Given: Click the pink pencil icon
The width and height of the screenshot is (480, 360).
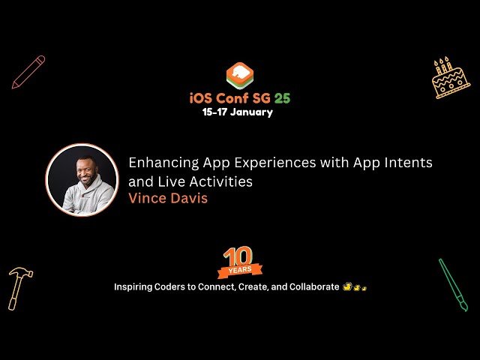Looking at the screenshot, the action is click(x=28, y=72).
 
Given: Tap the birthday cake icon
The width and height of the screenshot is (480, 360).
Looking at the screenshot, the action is click(x=450, y=78).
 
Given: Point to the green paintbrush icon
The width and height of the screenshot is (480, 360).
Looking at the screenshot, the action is click(x=453, y=285).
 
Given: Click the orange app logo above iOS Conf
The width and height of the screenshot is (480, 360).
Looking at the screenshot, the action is click(x=240, y=76).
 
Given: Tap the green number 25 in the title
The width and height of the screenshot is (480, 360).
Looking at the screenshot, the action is click(x=282, y=98).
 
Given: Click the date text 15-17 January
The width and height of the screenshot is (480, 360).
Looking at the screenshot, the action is click(x=238, y=112).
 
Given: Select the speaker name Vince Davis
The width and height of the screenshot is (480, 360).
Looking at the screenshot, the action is click(x=168, y=198).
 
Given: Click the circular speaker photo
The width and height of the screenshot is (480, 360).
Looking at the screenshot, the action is click(x=82, y=180).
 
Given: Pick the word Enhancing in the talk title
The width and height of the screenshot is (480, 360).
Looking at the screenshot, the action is click(x=163, y=163).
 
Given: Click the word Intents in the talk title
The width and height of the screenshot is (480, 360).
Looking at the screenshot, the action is click(x=408, y=163).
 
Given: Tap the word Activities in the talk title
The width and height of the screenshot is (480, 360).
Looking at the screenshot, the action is click(x=221, y=181).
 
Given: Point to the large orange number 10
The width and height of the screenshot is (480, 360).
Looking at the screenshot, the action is click(x=238, y=256).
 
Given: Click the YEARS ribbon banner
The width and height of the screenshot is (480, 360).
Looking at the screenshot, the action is click(x=240, y=270).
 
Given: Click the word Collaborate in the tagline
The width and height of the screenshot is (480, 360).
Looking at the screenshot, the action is click(x=314, y=286).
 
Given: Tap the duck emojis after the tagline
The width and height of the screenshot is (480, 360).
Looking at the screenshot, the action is click(x=355, y=286).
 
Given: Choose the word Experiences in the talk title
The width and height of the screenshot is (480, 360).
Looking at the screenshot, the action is click(x=275, y=163).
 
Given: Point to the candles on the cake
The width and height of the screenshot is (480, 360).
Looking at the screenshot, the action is click(x=442, y=65).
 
